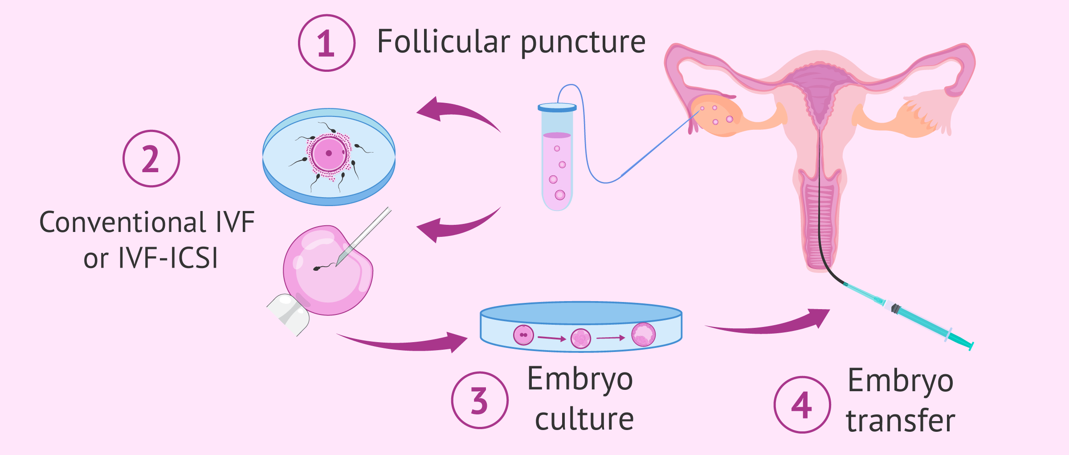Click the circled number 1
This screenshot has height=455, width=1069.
point(326,43)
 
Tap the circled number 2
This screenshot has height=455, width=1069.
point(151,159)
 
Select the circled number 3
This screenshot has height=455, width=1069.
point(479,400)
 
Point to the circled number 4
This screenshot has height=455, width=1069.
point(802,405)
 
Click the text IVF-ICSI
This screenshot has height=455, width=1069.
point(168,258)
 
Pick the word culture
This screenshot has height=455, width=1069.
point(584,419)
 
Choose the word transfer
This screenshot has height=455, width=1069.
point(901,421)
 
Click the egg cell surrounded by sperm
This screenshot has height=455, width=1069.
point(329,153)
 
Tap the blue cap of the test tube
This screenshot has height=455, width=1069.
point(557,108)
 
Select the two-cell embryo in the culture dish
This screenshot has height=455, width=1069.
point(523,335)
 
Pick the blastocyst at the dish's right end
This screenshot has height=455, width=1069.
point(643,335)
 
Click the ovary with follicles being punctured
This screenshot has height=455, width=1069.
point(716,115)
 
